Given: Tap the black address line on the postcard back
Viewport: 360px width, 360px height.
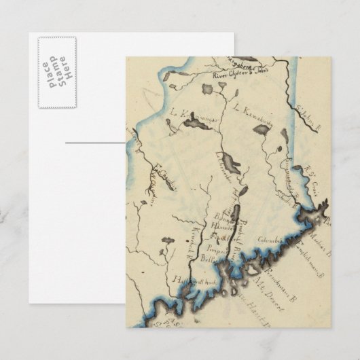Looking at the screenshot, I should (95, 143).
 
